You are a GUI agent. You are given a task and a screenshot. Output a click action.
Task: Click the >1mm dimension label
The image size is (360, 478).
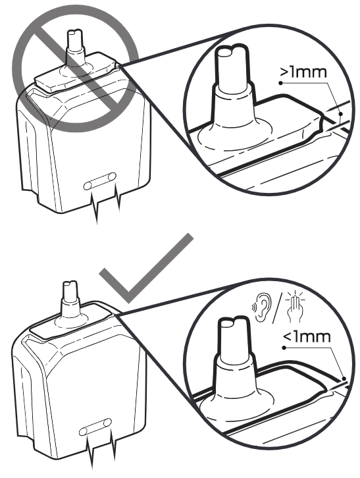point(303,72)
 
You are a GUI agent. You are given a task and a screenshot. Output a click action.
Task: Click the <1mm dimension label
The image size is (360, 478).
point(307,337)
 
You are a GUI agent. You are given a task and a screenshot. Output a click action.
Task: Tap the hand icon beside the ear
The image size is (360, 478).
point(295,306)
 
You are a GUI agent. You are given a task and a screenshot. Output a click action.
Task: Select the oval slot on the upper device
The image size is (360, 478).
point(99,181)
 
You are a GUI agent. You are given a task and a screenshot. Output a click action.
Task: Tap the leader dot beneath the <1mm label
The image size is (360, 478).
point(284,348)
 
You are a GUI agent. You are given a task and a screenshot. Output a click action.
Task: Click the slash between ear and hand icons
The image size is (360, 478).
point(277,307)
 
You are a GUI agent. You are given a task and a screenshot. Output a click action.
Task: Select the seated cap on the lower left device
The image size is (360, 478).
point(73,320)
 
